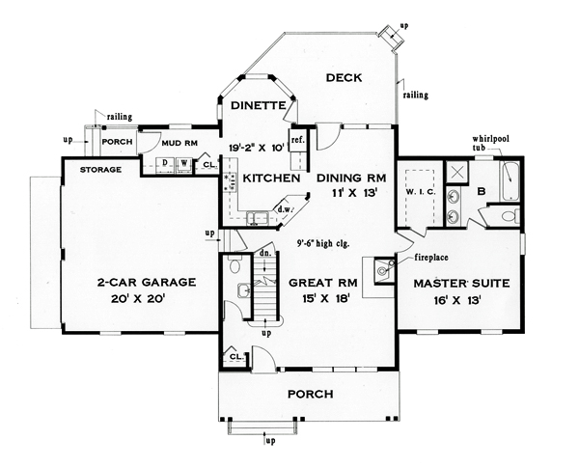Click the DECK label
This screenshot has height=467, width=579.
pos(344,78)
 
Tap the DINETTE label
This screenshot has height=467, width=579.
pos(258,105)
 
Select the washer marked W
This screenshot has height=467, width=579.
pos(183,163)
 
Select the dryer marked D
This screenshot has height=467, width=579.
pos(165,163)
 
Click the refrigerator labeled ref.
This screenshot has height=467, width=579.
pos(297,140)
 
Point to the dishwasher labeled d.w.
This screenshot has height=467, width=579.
pos(284,209)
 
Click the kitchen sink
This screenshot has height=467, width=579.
pos(259,217)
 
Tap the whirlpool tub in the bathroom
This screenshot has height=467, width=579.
pos(510,180)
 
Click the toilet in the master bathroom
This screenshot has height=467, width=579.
pos(510,215)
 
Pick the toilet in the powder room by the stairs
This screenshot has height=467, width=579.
pos(234,264)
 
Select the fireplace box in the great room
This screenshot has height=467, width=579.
pos(384,270)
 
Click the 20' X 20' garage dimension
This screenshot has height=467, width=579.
pos(138,298)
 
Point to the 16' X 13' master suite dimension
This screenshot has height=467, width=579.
pos(457,300)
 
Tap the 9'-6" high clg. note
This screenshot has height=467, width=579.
pos(323,244)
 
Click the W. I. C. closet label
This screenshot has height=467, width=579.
pos(421,192)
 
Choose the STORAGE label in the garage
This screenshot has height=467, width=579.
pos(100,170)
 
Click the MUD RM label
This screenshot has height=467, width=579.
pos(179,143)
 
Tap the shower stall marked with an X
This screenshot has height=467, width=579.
pos(457,173)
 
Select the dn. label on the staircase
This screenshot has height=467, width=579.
pos(264,253)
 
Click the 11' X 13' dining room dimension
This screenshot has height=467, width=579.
pos(352,193)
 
